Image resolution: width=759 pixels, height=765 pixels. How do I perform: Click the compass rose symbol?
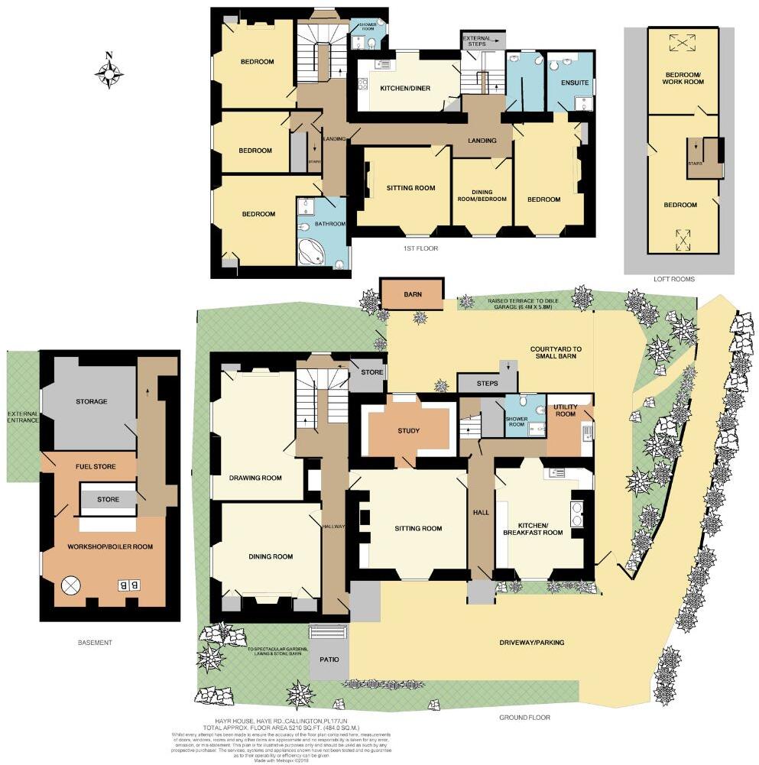click(109, 73)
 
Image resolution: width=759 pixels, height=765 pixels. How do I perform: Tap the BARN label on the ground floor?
click(412, 293)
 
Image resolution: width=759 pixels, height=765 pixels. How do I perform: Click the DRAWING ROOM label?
click(255, 478)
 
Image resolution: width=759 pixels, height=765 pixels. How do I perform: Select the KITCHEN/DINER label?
click(405, 89)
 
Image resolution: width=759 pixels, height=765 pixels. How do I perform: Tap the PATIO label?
click(329, 659)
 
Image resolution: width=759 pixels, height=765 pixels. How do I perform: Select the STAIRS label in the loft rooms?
click(695, 163)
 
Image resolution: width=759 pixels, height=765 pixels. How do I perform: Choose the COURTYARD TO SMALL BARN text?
click(556, 353)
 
